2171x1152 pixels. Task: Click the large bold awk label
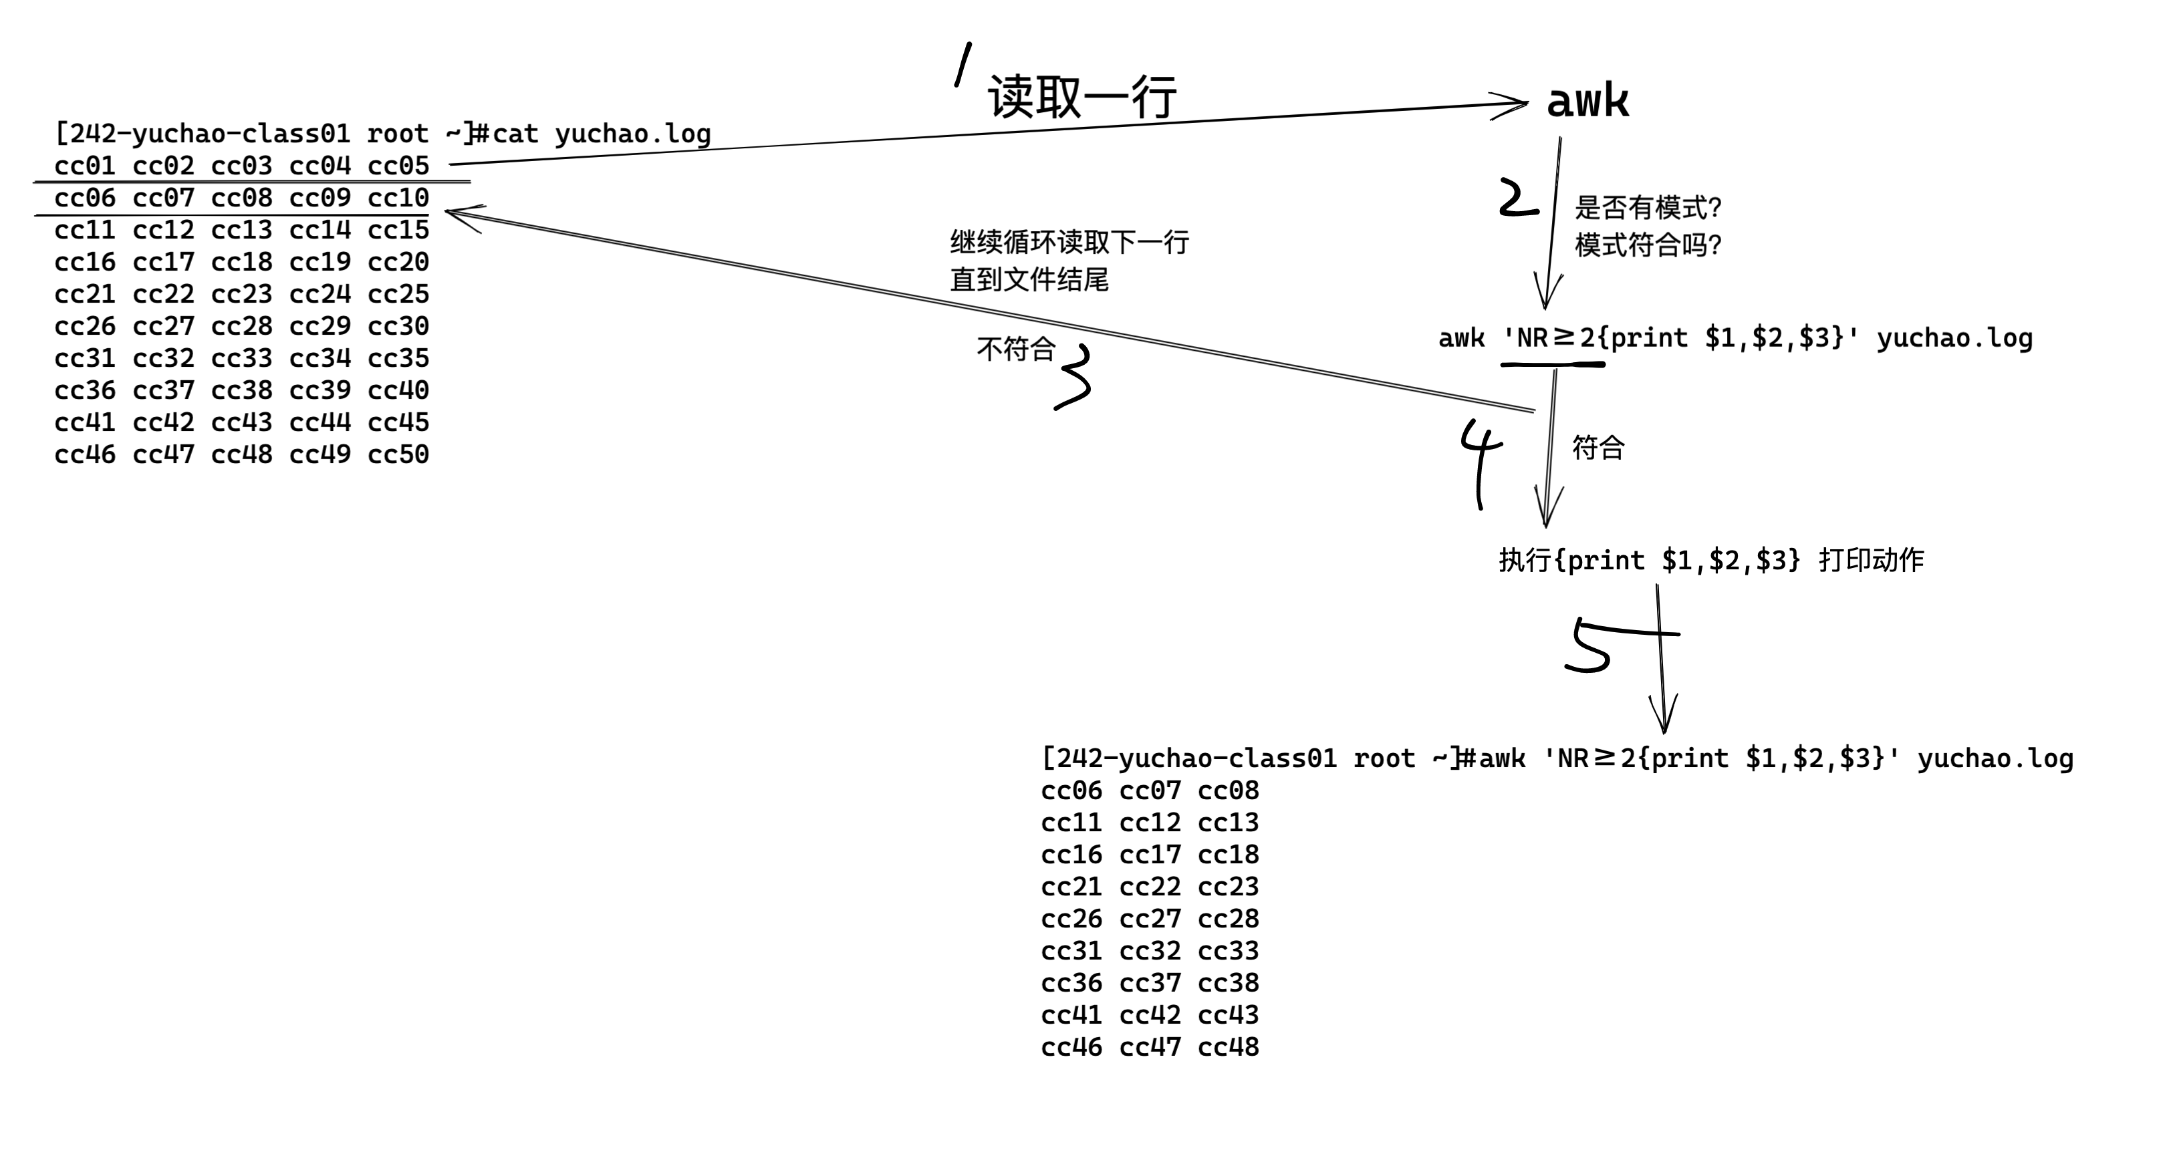pyautogui.click(x=1587, y=102)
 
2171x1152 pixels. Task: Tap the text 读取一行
pyautogui.click(x=1081, y=97)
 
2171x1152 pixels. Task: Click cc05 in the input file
pyautogui.click(x=398, y=165)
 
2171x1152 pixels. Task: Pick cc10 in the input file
pyautogui.click(x=398, y=197)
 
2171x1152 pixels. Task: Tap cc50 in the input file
pyautogui.click(x=398, y=454)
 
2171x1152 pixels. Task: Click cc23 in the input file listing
pyautogui.click(x=241, y=294)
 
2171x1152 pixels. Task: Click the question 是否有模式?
pyautogui.click(x=1648, y=206)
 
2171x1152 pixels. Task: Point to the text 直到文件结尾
pyautogui.click(x=1029, y=279)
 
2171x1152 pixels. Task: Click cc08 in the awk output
pyautogui.click(x=1228, y=790)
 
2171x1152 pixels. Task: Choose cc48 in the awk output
pyautogui.click(x=1228, y=1046)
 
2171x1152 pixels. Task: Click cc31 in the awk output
pyautogui.click(x=1071, y=951)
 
